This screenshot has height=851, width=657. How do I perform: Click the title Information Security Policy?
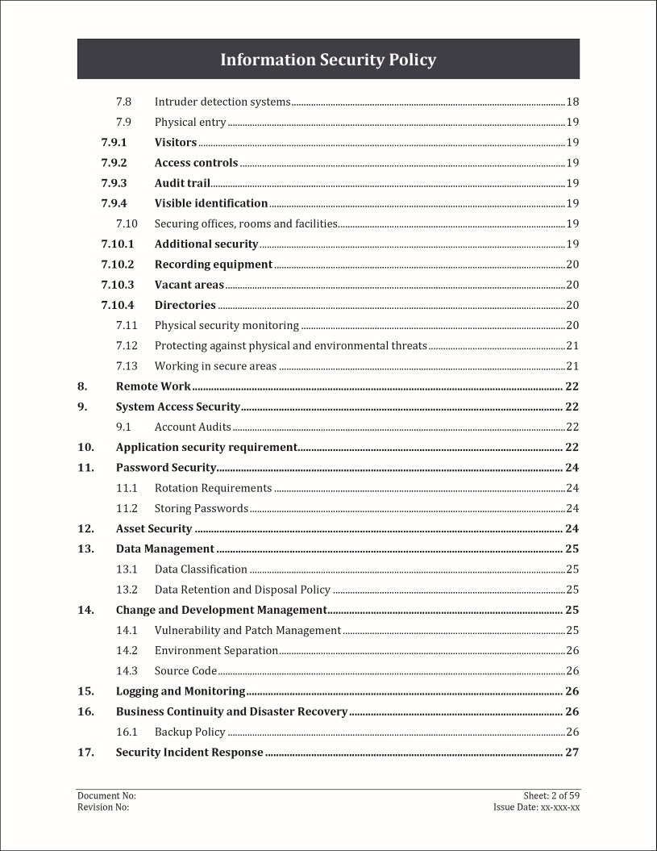(328, 60)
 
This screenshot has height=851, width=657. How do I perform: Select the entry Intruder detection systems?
(222, 102)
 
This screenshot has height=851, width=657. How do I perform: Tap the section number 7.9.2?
(114, 163)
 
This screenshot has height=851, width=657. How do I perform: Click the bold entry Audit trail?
(182, 183)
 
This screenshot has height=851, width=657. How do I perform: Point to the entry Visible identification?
(211, 203)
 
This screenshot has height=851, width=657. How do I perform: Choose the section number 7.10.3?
(118, 285)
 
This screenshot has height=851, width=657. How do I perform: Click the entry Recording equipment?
(214, 265)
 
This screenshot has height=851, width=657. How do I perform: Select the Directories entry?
(185, 305)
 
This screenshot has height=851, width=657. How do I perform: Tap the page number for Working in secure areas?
(572, 366)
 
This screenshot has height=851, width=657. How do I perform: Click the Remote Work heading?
(153, 386)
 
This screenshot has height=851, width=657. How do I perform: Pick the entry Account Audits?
(193, 427)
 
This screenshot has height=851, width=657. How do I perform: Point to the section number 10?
(85, 447)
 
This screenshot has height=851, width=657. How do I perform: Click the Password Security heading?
(166, 468)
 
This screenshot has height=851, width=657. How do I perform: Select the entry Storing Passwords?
(202, 508)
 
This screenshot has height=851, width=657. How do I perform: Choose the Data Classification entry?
(201, 569)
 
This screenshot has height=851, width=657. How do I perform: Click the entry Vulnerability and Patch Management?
(247, 630)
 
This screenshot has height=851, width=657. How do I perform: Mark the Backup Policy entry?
(190, 732)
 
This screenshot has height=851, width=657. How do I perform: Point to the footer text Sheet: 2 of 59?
(551, 795)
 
